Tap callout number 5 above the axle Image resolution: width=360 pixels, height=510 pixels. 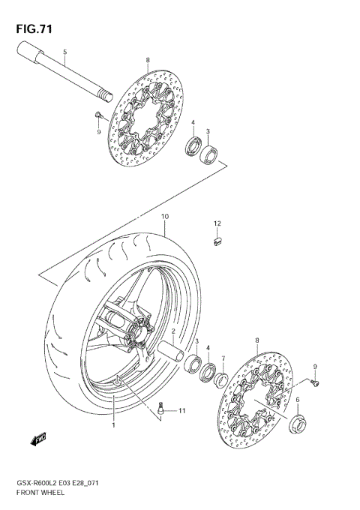[65, 52]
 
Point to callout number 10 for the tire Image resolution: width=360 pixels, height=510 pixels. [164, 217]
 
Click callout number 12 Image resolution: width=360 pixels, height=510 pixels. [217, 223]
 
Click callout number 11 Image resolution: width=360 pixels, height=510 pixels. [181, 411]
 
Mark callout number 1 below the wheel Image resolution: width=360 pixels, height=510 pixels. [113, 425]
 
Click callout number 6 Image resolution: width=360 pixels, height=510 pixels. [298, 400]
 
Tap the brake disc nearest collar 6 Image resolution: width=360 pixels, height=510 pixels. [255, 398]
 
